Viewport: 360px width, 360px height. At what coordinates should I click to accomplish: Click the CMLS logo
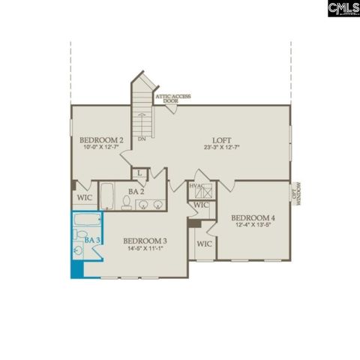(x=343, y=8)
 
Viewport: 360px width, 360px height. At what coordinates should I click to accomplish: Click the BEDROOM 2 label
(x=102, y=140)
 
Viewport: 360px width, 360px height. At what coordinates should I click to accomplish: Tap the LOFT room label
(x=220, y=139)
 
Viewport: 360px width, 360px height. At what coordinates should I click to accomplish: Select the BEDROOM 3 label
(x=145, y=241)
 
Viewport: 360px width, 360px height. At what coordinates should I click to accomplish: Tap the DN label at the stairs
(x=141, y=139)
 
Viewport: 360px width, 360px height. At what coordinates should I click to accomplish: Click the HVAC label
(x=196, y=185)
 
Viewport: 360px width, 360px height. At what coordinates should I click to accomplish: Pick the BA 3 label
(x=93, y=239)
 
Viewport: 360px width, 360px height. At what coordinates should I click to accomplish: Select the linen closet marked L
(x=140, y=174)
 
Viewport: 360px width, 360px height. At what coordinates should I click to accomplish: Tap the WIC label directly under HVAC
(x=201, y=204)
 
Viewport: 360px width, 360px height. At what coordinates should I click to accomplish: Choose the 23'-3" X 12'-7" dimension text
(x=220, y=148)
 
